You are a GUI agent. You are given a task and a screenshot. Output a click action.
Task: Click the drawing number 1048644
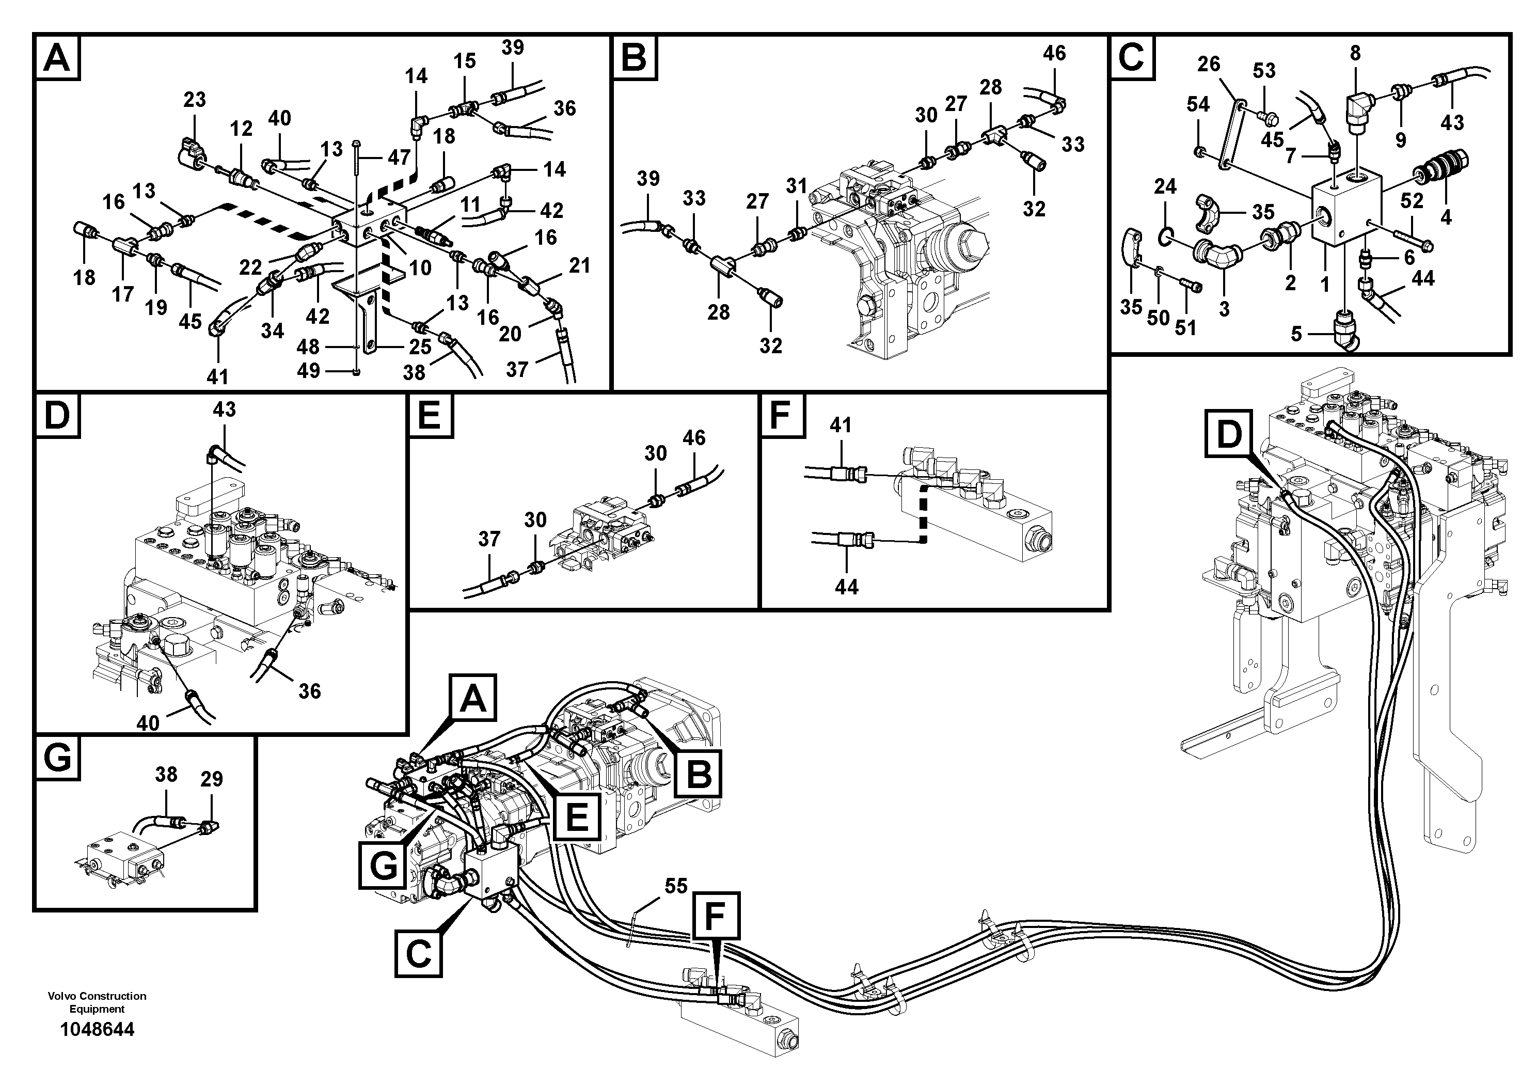[97, 1029]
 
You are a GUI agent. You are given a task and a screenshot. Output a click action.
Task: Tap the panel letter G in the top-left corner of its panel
[58, 759]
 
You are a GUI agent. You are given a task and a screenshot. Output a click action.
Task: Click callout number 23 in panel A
[194, 100]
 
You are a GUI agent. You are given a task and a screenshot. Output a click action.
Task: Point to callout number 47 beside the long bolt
[399, 158]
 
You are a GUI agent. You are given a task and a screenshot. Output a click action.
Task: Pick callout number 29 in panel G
[212, 779]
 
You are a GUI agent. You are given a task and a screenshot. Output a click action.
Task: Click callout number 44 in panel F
[846, 587]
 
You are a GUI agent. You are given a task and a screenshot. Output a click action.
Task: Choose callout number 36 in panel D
[309, 691]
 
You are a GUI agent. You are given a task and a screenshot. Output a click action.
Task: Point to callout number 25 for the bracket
[420, 347]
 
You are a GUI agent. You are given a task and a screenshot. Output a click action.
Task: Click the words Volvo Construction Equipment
[97, 1002]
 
